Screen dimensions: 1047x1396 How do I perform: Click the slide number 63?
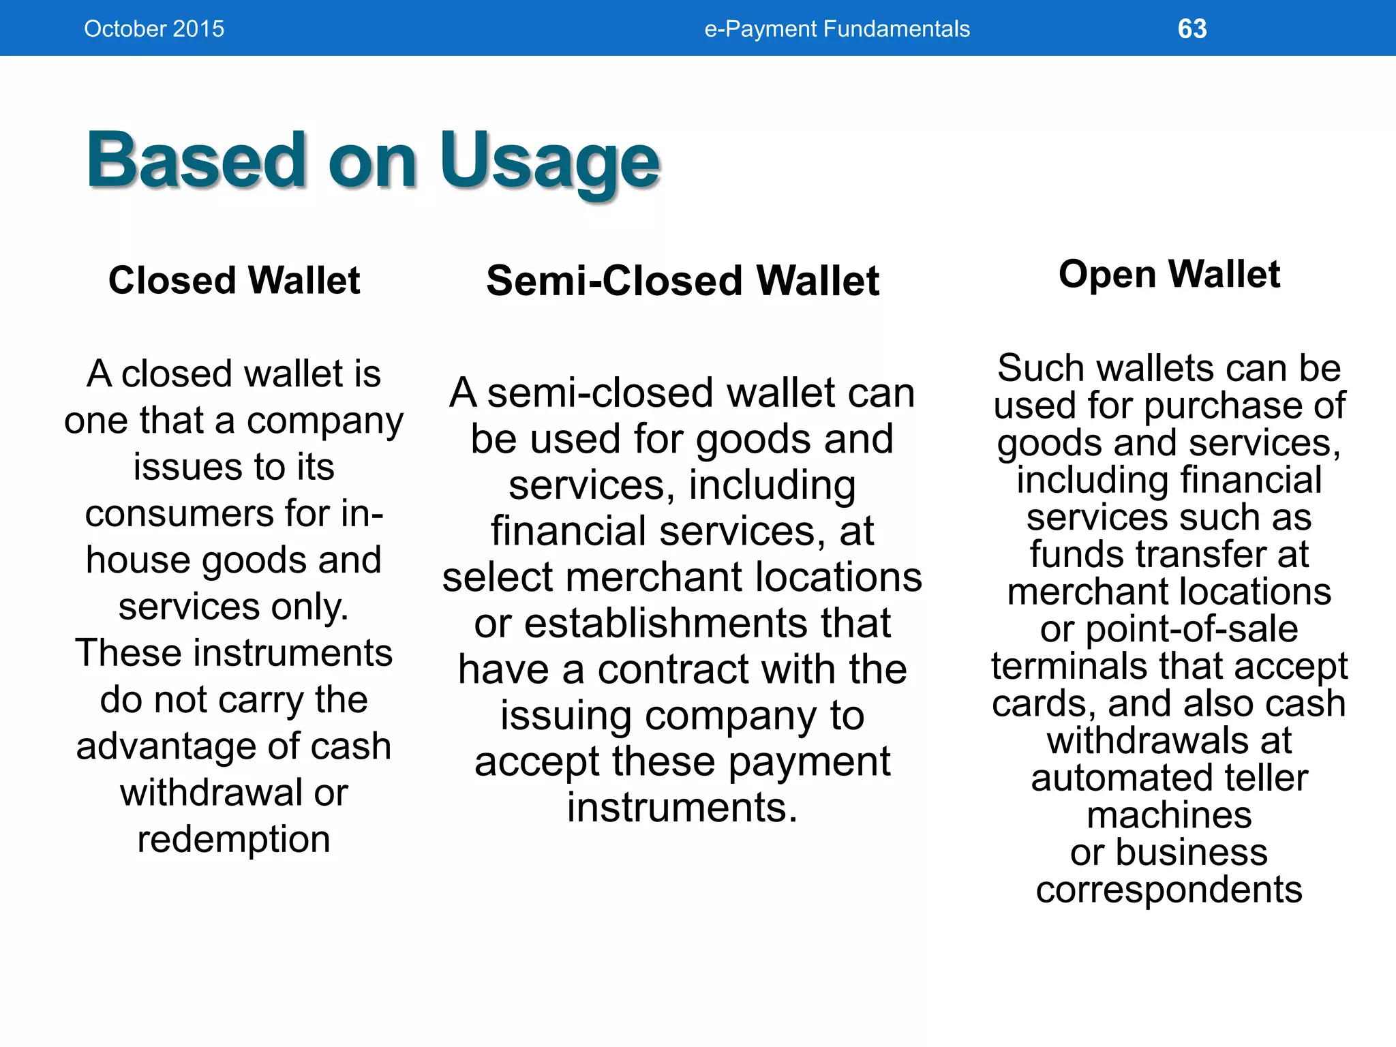pyautogui.click(x=1192, y=29)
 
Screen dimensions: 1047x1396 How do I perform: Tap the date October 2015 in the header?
pyautogui.click(x=154, y=29)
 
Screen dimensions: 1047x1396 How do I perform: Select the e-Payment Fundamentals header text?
pyautogui.click(x=836, y=29)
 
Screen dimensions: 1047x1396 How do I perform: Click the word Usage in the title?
pyautogui.click(x=549, y=162)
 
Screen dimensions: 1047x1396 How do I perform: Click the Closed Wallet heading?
pyautogui.click(x=234, y=280)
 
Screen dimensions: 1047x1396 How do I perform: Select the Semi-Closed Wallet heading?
pyautogui.click(x=682, y=281)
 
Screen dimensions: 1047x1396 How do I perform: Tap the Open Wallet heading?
pyautogui.click(x=1169, y=274)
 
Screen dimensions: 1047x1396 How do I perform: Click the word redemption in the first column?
pyautogui.click(x=234, y=839)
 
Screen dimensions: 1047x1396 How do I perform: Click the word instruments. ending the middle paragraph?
pyautogui.click(x=682, y=808)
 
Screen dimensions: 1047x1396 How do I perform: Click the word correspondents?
pyautogui.click(x=1169, y=890)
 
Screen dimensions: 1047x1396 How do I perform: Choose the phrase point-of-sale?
pyautogui.click(x=1192, y=629)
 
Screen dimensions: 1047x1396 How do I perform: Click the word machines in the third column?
pyautogui.click(x=1169, y=815)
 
